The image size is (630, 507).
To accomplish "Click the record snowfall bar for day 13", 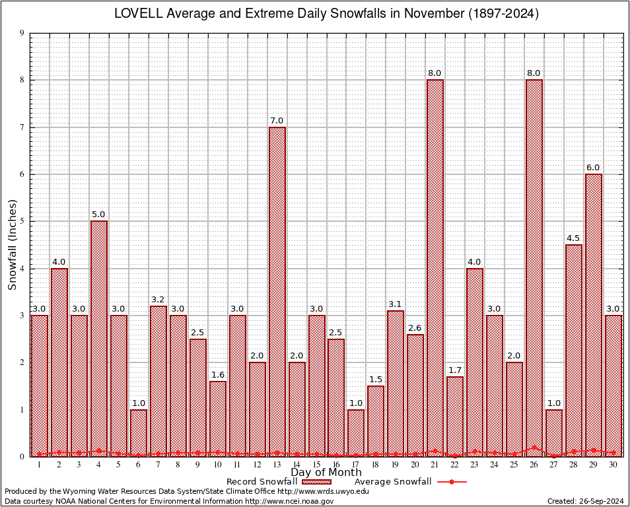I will point(277,290).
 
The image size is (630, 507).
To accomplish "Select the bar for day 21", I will point(435,267).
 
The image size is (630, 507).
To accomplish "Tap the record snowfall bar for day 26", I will point(534,267).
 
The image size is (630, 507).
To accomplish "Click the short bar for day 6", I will point(139,432).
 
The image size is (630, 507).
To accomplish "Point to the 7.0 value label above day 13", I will point(277,120).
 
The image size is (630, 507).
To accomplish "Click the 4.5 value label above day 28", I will point(574,238).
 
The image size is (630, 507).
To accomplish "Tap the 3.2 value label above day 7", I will point(158,299).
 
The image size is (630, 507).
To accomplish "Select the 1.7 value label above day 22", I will point(455,370).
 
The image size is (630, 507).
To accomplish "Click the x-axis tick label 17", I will point(356,465).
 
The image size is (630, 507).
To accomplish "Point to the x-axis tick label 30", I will point(613,465).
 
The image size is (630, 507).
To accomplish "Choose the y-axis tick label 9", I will point(22,33).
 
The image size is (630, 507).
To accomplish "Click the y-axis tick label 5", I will point(22,221).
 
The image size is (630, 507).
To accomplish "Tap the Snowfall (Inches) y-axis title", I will point(12,244).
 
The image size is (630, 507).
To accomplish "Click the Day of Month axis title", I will point(326,473).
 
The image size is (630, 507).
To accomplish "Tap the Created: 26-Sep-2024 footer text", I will point(586,501).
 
